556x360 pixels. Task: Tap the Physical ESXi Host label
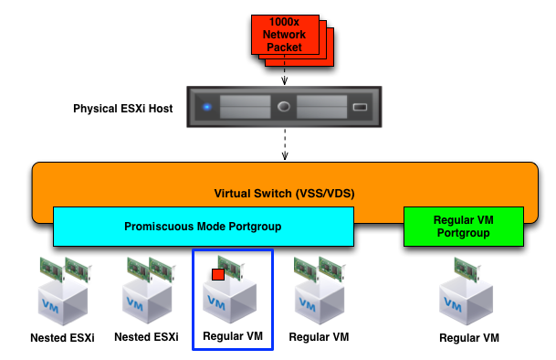pos(123,109)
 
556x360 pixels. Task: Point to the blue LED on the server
pos(207,107)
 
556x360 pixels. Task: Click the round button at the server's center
pos(284,107)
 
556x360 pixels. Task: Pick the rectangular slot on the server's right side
pos(359,108)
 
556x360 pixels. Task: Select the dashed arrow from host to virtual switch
pos(284,143)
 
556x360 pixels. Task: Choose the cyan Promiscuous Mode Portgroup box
pos(203,227)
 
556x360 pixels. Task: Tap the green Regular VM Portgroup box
pos(463,227)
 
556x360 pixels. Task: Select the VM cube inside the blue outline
pos(228,299)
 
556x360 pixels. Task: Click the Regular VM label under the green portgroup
pos(469,338)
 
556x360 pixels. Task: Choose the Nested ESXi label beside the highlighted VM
pos(146,337)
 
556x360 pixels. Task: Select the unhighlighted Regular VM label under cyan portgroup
pos(319,337)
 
